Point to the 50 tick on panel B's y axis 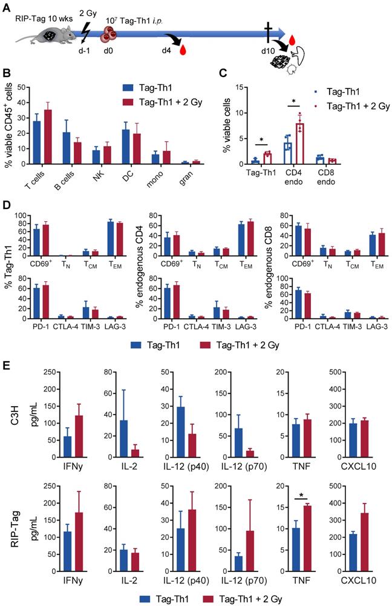coord(23,87)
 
